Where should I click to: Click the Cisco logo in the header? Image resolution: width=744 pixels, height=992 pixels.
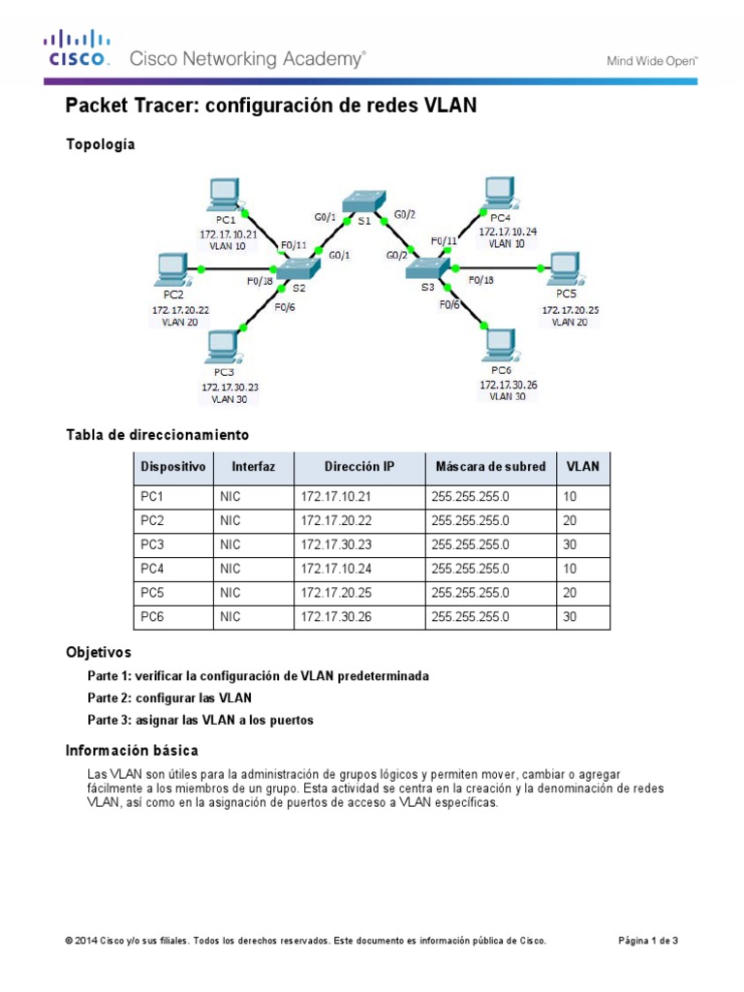pyautogui.click(x=76, y=48)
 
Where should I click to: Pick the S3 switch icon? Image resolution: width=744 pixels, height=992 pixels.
pyautogui.click(x=426, y=267)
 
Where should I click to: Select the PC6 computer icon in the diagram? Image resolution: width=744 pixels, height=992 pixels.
pyautogui.click(x=499, y=344)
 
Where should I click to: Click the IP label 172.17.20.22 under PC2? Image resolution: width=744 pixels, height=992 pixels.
pyautogui.click(x=180, y=309)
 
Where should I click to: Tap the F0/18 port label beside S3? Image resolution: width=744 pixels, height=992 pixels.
pyautogui.click(x=480, y=280)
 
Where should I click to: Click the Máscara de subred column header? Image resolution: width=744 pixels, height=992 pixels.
pyautogui.click(x=490, y=467)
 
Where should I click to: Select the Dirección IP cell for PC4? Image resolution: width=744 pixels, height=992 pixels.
pyautogui.click(x=336, y=569)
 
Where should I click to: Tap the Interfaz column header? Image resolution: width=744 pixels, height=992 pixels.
pyautogui.click(x=254, y=467)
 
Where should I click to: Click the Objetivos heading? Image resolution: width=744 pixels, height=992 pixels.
pyautogui.click(x=98, y=652)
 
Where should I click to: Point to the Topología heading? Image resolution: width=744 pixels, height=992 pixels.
pyautogui.click(x=100, y=144)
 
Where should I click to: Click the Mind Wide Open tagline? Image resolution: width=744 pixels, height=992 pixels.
pyautogui.click(x=652, y=60)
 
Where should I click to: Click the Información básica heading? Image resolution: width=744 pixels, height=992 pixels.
pyautogui.click(x=132, y=750)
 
